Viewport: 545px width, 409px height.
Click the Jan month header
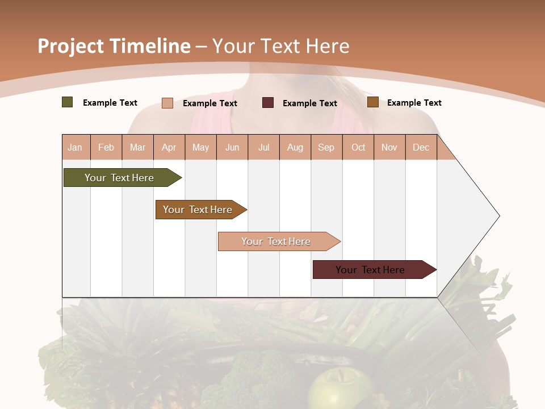76,147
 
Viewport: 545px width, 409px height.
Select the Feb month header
106,147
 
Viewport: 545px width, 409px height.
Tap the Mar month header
137,147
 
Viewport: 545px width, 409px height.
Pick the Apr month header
169,147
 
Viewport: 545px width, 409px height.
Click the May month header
200,147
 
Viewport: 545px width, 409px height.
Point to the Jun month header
232,147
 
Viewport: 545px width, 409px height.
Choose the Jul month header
263,147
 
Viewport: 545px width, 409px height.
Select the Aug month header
295,147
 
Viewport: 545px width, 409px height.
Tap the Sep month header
326,147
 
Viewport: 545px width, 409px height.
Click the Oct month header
358,147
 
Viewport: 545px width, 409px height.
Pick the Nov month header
389,147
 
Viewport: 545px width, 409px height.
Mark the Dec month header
421,147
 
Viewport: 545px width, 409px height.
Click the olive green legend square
68,102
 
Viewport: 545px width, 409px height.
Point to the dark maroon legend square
268,102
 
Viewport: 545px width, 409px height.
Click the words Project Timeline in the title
114,46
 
